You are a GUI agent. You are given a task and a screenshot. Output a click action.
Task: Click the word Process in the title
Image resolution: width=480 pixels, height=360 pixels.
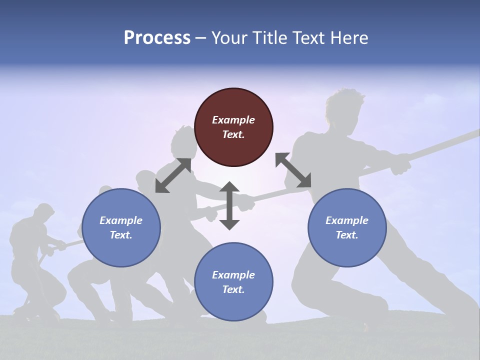pyautogui.click(x=157, y=38)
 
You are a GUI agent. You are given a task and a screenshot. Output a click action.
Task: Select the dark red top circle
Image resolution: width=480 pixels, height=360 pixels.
pyautogui.click(x=233, y=127)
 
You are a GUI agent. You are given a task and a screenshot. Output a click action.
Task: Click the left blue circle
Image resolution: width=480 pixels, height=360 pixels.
pyautogui.click(x=121, y=227)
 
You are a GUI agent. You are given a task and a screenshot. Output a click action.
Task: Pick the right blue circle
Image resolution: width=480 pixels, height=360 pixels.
pyautogui.click(x=347, y=227)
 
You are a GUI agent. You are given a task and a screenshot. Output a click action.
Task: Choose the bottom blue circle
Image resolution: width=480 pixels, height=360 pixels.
pyautogui.click(x=233, y=282)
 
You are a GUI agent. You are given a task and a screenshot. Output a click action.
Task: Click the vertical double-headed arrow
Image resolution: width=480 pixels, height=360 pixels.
pyautogui.click(x=229, y=205)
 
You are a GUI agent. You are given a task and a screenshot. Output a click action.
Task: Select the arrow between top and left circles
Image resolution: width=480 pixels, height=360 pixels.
pyautogui.click(x=173, y=175)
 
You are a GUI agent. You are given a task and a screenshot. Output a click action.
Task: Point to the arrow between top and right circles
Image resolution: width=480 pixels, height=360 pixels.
pyautogui.click(x=293, y=170)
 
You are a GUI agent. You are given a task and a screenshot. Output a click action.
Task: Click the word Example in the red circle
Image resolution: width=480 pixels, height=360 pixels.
pyautogui.click(x=233, y=120)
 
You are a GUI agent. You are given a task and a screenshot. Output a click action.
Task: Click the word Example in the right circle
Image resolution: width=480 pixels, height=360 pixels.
pyautogui.click(x=347, y=220)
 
